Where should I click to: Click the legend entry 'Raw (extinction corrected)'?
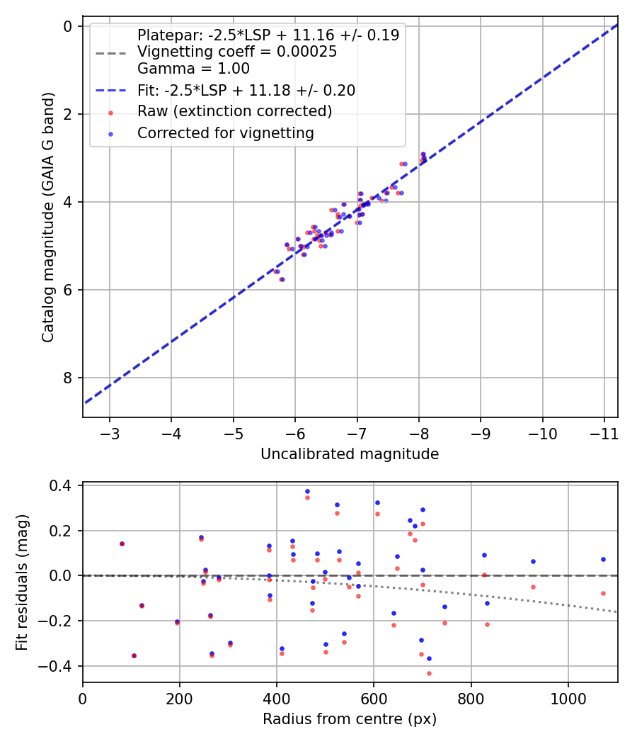234,111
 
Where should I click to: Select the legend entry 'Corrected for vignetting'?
226,133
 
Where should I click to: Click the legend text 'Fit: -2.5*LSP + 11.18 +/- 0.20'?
246,90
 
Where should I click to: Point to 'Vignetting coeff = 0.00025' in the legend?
237,52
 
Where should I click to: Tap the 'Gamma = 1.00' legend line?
193,69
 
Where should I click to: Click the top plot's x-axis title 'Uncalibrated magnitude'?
350,454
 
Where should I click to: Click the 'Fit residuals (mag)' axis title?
22,582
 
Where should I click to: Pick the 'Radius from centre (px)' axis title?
350,719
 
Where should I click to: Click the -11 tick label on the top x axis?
604,433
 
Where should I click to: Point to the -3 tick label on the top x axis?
110,433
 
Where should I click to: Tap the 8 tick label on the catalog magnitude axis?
69,378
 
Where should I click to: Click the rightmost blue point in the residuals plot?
603,559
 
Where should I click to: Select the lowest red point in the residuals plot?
429,673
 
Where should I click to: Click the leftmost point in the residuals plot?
122,543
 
